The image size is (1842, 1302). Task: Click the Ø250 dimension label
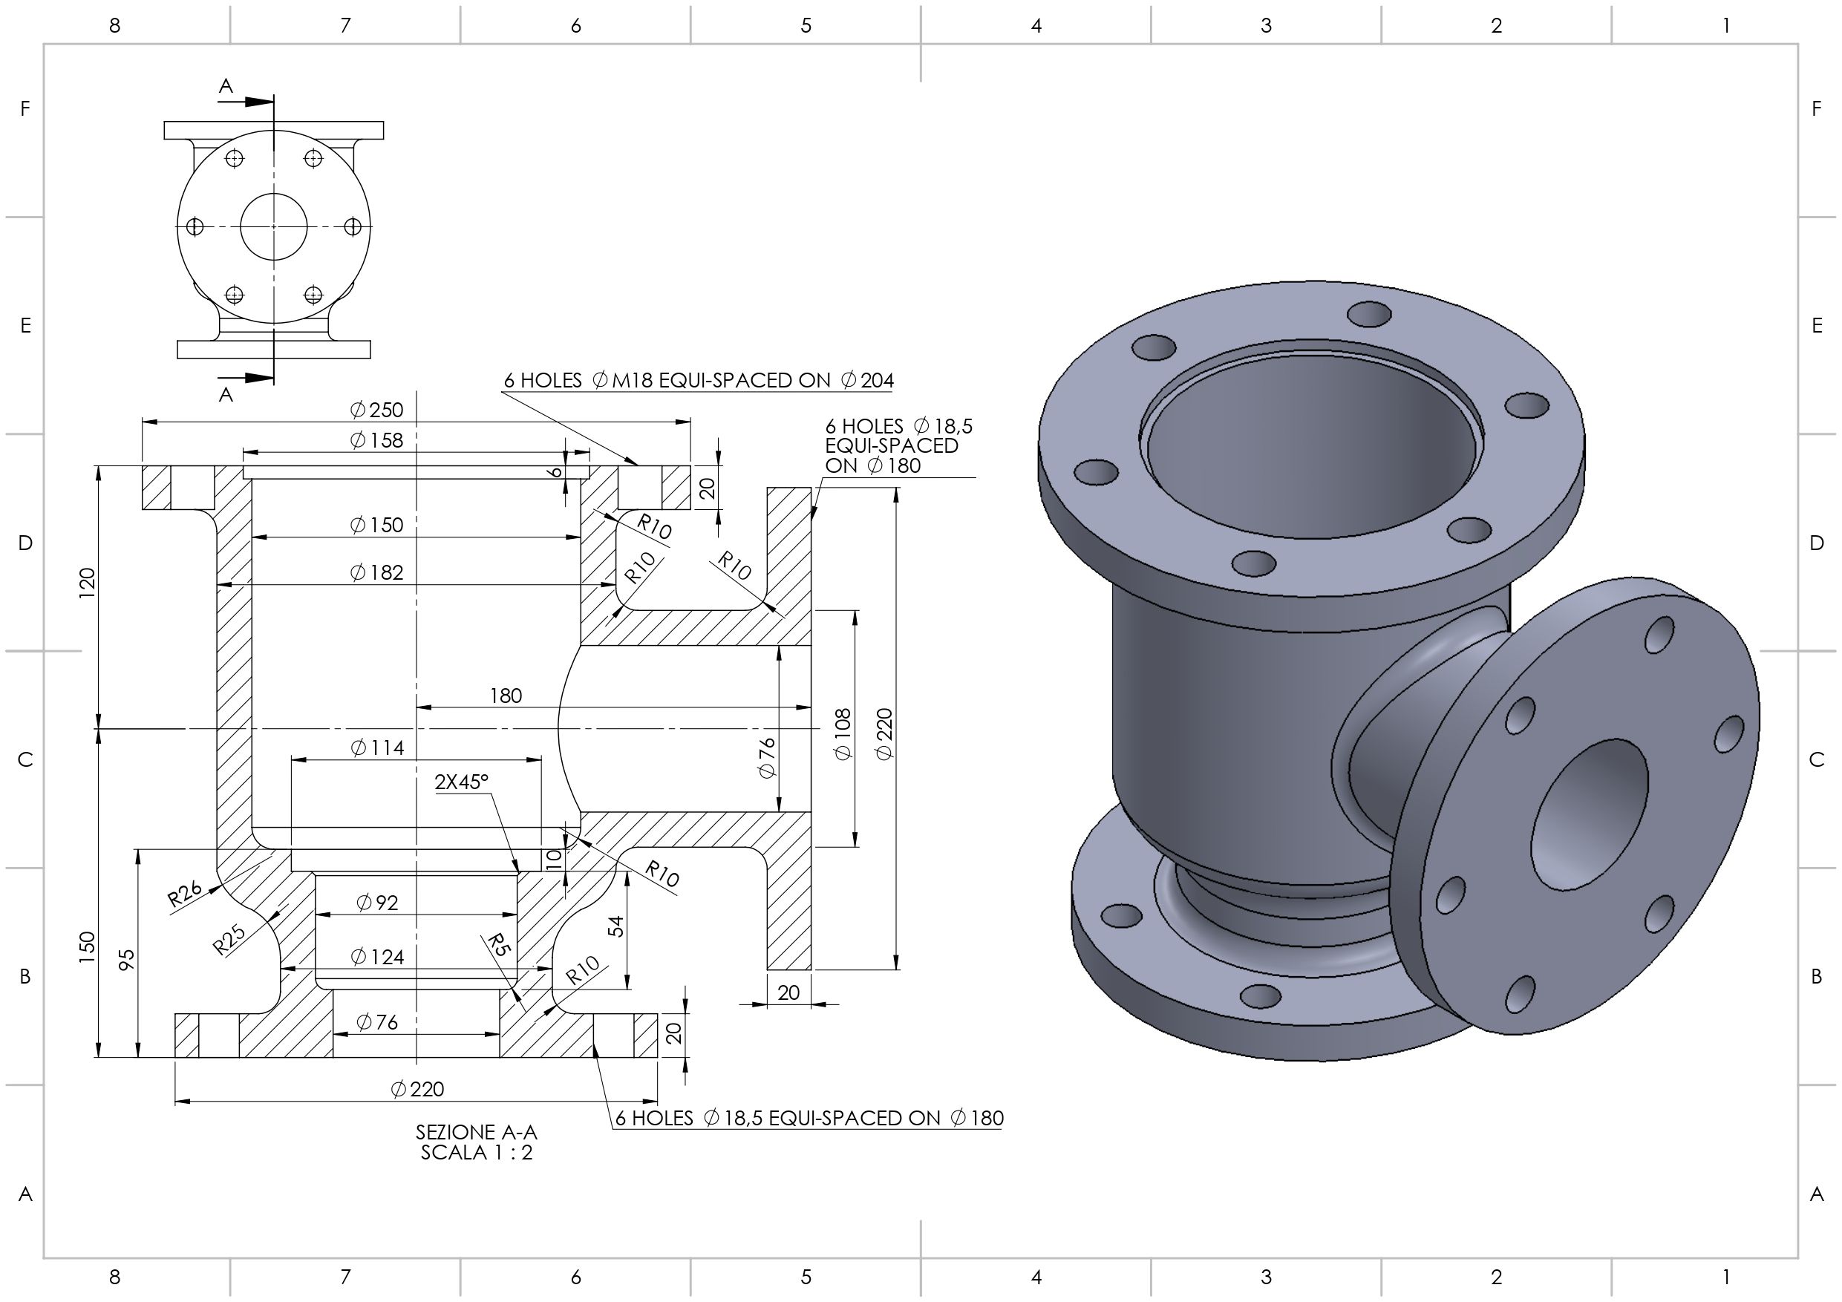coord(376,410)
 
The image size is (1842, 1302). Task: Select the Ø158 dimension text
coord(376,440)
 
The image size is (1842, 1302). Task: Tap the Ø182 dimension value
coord(376,573)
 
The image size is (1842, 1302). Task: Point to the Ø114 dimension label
coord(376,747)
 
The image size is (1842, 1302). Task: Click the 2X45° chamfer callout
coord(461,782)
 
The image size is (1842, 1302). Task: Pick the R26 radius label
coord(185,893)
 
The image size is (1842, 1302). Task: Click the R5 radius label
coord(498,945)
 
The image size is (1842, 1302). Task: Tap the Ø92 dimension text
coord(376,903)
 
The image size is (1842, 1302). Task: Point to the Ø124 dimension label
coord(376,957)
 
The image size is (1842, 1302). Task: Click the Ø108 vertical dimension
coord(843,734)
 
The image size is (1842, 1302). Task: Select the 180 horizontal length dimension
coord(506,696)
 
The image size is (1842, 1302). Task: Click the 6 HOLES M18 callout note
coord(698,380)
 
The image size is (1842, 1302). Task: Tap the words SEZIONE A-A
coord(477,1132)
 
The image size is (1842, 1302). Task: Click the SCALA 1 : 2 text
coord(477,1153)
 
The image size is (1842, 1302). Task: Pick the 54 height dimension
coord(615,926)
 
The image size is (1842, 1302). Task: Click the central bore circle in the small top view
coord(273,227)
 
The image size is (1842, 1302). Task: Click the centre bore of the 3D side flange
coord(1589,814)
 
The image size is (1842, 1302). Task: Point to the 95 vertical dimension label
coord(127,960)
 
